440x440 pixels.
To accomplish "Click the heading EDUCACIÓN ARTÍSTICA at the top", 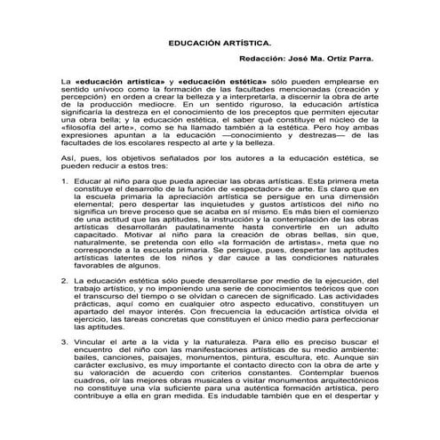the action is [x=220, y=42].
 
